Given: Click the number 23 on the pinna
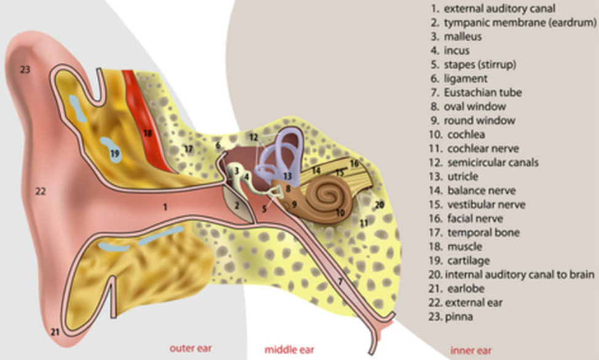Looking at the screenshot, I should pyautogui.click(x=25, y=69).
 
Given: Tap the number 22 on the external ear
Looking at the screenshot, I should pyautogui.click(x=41, y=191).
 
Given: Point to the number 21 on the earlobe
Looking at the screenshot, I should pyautogui.click(x=55, y=332).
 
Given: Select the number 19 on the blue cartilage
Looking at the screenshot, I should pyautogui.click(x=114, y=152).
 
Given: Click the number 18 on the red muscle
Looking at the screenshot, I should pyautogui.click(x=147, y=132).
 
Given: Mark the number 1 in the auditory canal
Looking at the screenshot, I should pyautogui.click(x=165, y=207).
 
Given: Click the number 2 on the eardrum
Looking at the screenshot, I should pyautogui.click(x=237, y=205).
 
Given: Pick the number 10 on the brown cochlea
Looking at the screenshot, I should pyautogui.click(x=340, y=213).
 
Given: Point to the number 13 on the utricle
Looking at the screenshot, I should pyautogui.click(x=287, y=176).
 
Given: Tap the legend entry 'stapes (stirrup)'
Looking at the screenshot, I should pyautogui.click(x=480, y=65).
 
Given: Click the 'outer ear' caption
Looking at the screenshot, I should pyautogui.click(x=191, y=349).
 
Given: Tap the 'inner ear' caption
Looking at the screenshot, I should pyautogui.click(x=471, y=350).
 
